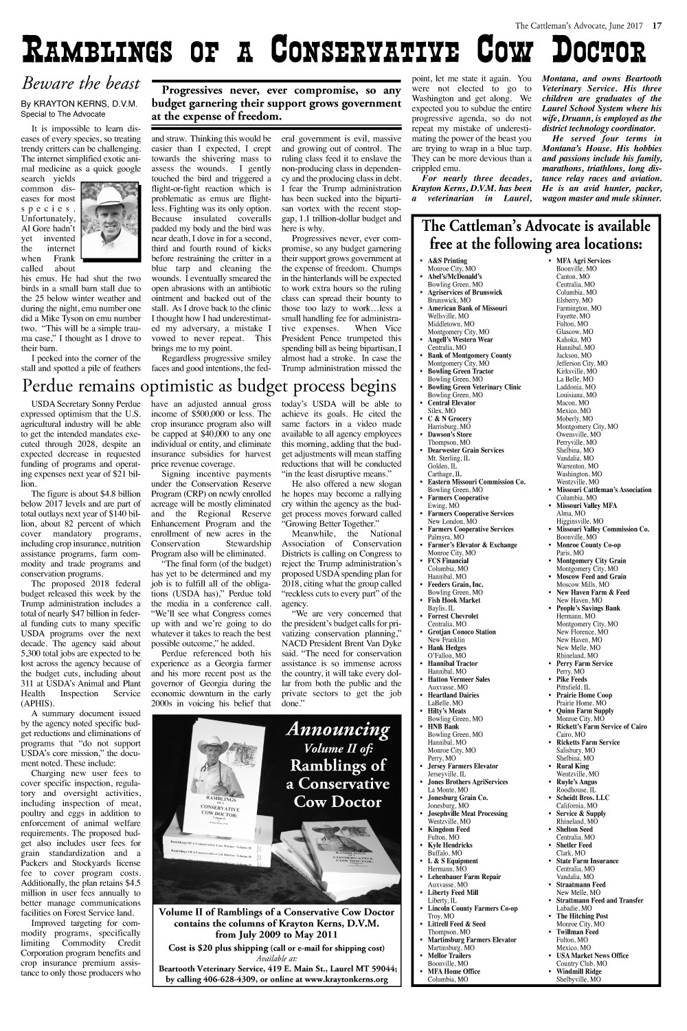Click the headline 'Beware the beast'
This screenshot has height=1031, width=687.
(x=81, y=84)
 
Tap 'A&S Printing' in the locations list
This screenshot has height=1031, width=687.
(x=447, y=261)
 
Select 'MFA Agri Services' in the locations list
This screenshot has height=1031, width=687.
(x=583, y=261)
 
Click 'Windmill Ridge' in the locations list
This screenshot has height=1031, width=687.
(x=578, y=971)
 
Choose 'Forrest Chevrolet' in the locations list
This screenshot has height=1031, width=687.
(x=456, y=617)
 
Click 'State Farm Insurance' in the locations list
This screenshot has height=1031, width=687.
(x=587, y=861)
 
